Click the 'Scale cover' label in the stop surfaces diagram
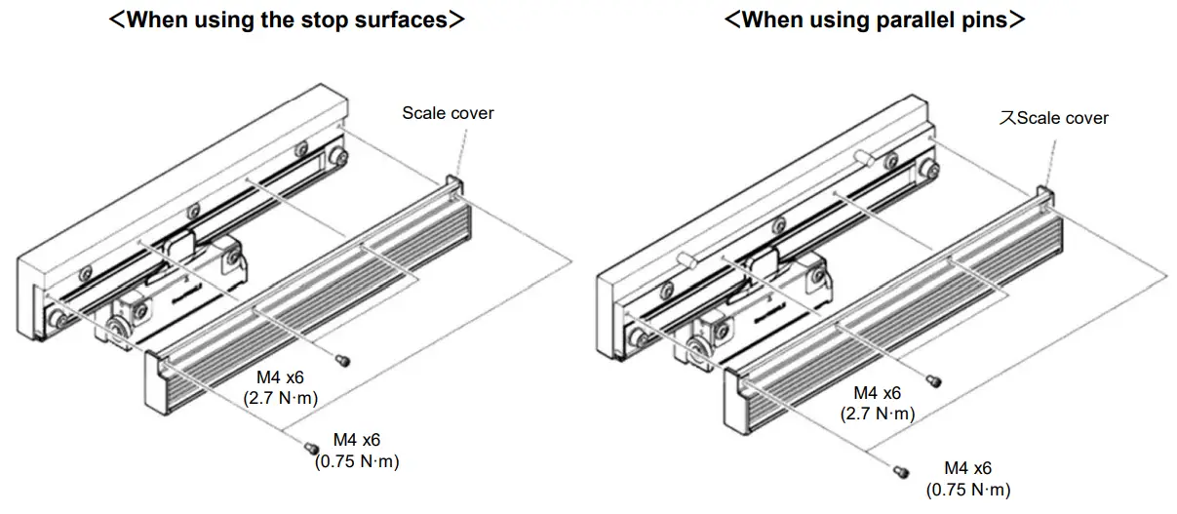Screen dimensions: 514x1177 (448, 113)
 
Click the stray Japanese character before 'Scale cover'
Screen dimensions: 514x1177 (1007, 118)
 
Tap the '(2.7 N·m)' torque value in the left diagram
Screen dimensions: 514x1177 (280, 397)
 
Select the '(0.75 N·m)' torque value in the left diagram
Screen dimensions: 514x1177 (357, 461)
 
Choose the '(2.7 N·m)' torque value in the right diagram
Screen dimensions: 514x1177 (878, 414)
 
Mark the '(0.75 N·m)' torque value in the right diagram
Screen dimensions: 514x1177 (967, 489)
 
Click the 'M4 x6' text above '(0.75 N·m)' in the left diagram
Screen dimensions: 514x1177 (357, 441)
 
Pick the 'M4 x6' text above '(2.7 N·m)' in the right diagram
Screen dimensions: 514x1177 (878, 393)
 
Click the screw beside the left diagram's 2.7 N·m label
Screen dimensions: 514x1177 (342, 361)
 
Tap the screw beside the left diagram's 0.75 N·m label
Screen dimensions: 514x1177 (312, 448)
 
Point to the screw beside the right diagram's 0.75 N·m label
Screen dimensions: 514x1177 (902, 472)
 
